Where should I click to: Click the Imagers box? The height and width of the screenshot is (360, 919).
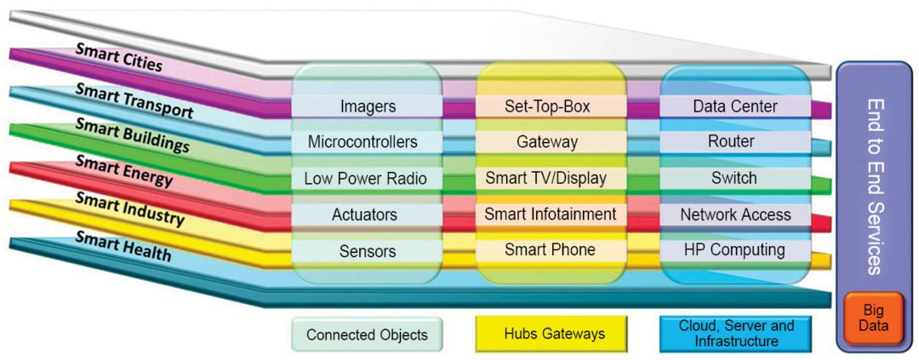point(368,106)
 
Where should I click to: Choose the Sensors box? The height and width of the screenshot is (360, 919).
point(368,250)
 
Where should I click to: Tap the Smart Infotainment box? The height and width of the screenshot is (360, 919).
point(551,214)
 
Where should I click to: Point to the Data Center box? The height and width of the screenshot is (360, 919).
point(734,106)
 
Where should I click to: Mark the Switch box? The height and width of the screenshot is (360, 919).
point(734,179)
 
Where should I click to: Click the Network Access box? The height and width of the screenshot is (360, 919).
point(734,214)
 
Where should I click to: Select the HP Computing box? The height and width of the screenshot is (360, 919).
point(734,250)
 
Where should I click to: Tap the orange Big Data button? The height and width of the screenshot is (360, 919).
point(874,317)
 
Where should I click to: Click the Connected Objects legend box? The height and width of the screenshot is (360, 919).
point(367,334)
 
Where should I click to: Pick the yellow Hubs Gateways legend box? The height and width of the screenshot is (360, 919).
point(551,334)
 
